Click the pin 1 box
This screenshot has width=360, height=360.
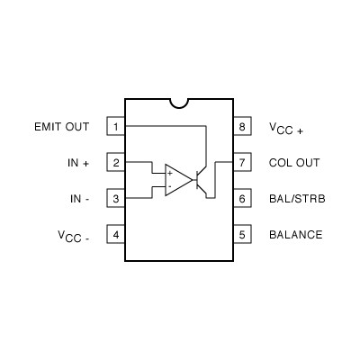click(116, 127)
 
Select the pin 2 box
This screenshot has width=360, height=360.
click(116, 163)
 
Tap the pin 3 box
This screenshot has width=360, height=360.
click(116, 199)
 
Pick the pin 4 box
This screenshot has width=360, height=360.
click(116, 235)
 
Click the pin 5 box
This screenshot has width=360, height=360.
click(242, 235)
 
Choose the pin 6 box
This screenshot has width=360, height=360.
click(242, 199)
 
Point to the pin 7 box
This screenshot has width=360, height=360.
click(242, 163)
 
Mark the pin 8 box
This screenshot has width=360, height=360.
click(242, 127)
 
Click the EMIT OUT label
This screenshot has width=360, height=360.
click(60, 127)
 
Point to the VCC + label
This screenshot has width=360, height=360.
click(286, 128)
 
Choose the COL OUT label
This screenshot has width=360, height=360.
click(293, 163)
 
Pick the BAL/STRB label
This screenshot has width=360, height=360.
click(296, 199)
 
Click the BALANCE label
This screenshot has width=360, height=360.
click(295, 235)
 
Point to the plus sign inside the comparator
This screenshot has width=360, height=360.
click(169, 172)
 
